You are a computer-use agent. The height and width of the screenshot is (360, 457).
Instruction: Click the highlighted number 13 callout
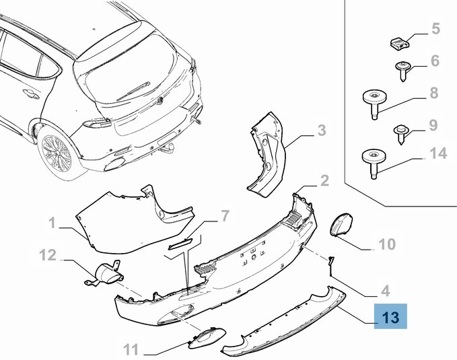(391, 316)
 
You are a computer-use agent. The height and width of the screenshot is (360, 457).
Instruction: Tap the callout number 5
(435, 29)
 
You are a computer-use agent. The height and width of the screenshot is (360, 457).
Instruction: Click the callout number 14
(437, 153)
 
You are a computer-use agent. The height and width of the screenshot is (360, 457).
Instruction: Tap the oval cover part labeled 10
(343, 223)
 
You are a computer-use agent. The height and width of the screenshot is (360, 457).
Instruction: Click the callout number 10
(387, 244)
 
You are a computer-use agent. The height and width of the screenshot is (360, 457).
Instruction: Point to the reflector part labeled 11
(203, 340)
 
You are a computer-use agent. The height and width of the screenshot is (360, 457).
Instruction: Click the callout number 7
(225, 216)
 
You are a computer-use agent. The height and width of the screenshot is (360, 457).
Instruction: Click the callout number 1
(52, 221)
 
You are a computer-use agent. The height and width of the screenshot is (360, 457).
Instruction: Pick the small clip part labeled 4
(331, 264)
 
